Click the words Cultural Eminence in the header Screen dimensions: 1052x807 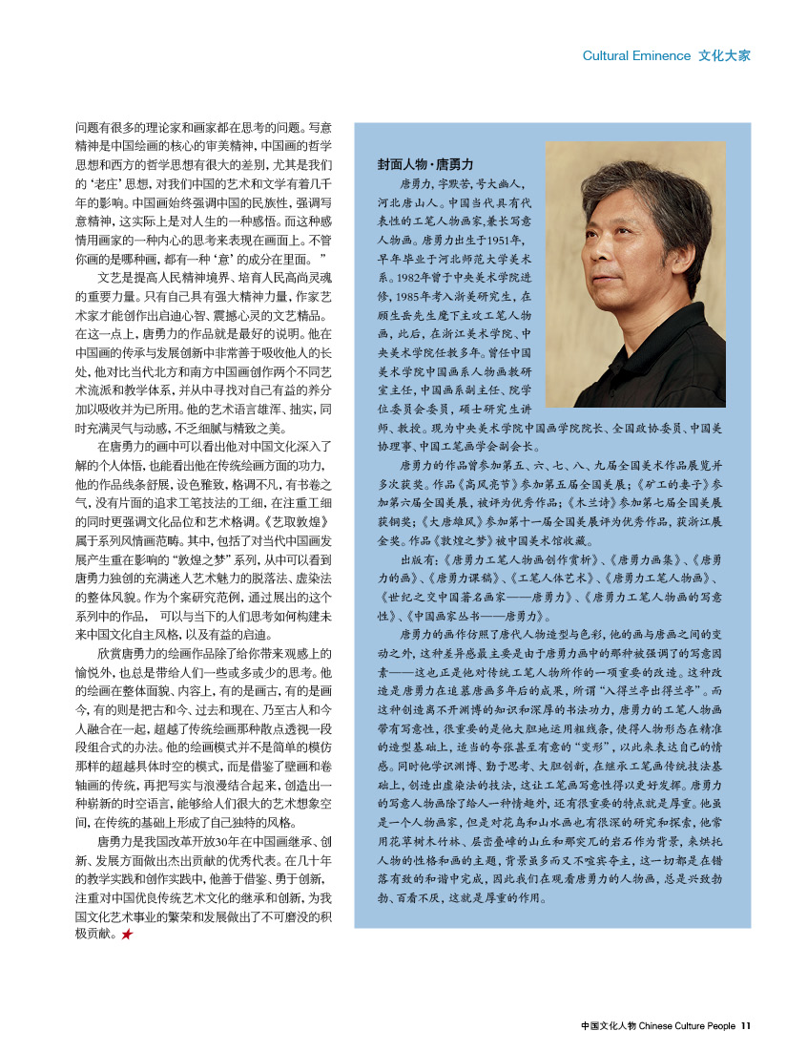[x=636, y=55]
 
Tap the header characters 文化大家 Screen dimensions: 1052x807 [x=724, y=55]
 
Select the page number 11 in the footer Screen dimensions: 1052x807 [x=746, y=1026]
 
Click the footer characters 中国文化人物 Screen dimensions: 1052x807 [x=608, y=1026]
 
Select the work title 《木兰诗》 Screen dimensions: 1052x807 [x=597, y=502]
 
